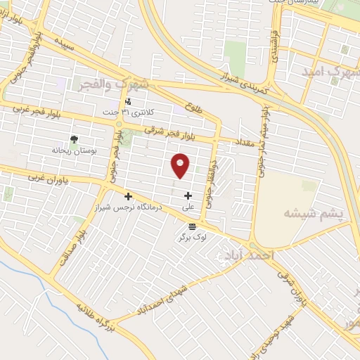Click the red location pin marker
[x=181, y=165]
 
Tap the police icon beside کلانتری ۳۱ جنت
[x=127, y=101]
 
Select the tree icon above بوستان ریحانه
[x=74, y=139]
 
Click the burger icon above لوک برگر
[x=193, y=226]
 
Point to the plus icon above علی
[x=188, y=195]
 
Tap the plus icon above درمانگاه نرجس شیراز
[x=127, y=196]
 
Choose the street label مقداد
[x=231, y=142]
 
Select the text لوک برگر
[x=193, y=238]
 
